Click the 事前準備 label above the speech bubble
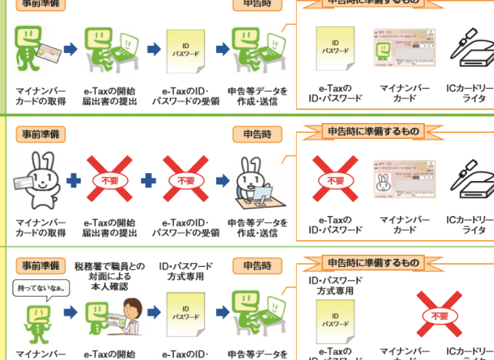(x=39, y=265)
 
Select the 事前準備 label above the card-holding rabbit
(x=39, y=135)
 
